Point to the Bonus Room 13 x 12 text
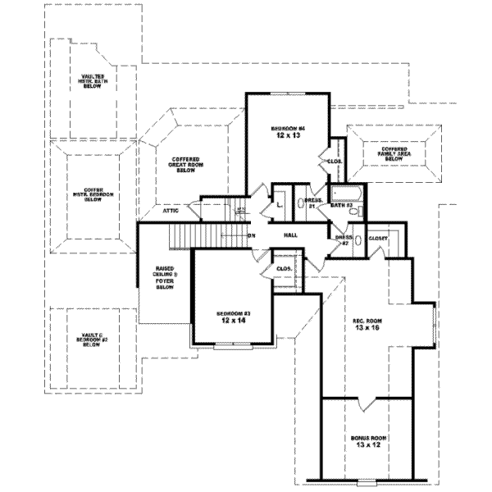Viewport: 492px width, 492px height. coord(368,443)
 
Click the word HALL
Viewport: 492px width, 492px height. coord(290,235)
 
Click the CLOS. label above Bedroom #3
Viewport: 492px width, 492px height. coord(285,268)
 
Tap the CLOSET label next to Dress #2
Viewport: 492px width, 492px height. coord(378,238)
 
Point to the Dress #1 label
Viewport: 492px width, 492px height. coord(312,203)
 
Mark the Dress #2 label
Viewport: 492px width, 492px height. coord(343,240)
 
